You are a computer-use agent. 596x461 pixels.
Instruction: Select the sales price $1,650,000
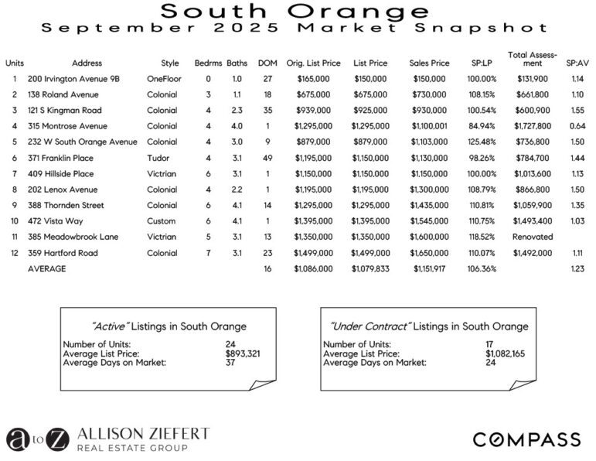429,253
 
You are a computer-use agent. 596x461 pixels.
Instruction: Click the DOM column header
267,63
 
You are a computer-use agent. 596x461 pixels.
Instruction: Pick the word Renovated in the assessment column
532,237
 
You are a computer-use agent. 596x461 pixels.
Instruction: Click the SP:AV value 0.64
576,126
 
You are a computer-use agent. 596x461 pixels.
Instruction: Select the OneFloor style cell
165,79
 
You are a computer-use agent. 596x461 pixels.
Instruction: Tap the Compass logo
526,439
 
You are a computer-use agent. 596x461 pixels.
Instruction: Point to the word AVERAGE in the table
46,268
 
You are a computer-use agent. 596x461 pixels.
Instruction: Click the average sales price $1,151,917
429,268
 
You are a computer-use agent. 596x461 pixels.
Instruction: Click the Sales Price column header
429,63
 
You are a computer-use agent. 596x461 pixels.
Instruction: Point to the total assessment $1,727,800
532,126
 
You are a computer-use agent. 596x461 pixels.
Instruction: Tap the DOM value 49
267,158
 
